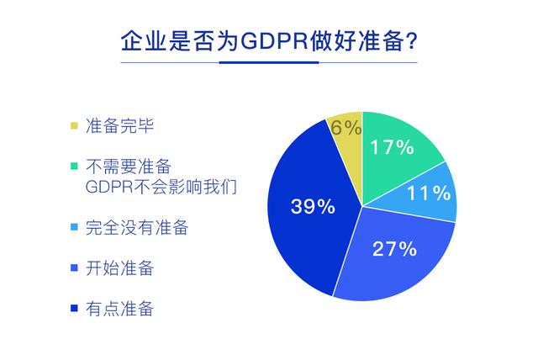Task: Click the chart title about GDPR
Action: tap(269, 41)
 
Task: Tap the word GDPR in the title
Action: tap(274, 41)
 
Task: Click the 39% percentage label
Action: tap(313, 207)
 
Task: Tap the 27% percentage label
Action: tap(394, 248)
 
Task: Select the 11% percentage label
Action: tap(429, 193)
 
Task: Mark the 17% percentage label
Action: tap(392, 147)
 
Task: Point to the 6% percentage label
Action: tap(345, 128)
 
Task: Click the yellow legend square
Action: tap(74, 125)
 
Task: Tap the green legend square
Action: tap(74, 166)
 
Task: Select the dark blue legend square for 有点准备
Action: tap(74, 308)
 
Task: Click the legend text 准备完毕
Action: tap(119, 125)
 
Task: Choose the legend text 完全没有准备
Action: tap(137, 227)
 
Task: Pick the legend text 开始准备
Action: tap(119, 267)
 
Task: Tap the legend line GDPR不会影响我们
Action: tap(161, 187)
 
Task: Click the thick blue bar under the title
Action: tap(269, 62)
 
